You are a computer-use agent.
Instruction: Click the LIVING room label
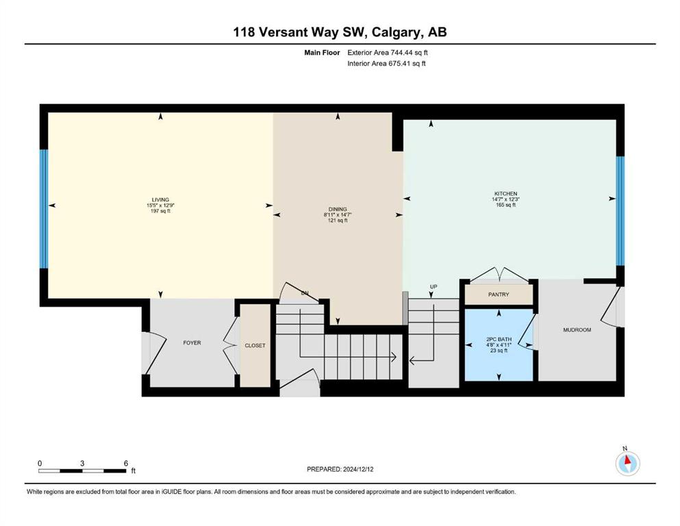(160, 200)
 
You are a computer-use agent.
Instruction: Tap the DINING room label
(338, 209)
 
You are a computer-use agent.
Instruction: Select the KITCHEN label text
(505, 194)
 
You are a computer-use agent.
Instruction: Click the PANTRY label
(499, 295)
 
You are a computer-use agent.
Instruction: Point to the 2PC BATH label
(499, 340)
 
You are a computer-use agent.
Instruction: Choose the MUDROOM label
(577, 330)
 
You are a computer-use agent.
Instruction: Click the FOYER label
(192, 342)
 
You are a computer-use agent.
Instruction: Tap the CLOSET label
(255, 346)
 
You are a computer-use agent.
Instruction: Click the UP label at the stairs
(433, 287)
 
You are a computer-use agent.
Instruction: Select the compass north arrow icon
(627, 463)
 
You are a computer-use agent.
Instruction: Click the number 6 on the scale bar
(126, 463)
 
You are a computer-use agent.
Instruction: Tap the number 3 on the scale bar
(82, 463)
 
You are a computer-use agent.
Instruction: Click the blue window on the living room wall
(43, 209)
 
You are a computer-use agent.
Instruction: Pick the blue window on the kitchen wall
(620, 211)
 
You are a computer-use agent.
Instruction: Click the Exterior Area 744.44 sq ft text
(388, 53)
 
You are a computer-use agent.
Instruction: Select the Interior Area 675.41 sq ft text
(386, 63)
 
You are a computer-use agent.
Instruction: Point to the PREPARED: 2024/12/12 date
(340, 469)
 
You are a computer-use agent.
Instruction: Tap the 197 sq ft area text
(160, 211)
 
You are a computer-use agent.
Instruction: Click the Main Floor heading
(322, 53)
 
